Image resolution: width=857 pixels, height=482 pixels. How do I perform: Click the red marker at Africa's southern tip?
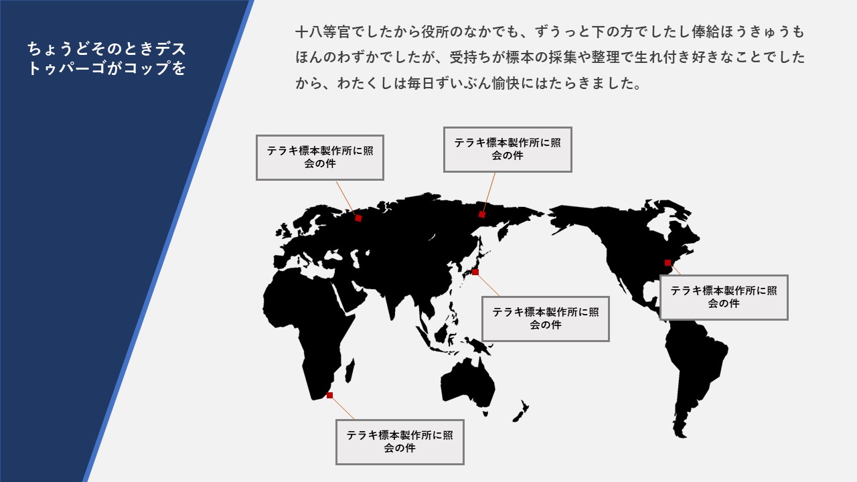(x=330, y=395)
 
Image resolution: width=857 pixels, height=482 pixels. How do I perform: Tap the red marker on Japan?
(x=475, y=272)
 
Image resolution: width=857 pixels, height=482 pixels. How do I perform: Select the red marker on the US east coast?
(x=668, y=263)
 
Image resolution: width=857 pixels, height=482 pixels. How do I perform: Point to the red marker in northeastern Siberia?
(x=481, y=215)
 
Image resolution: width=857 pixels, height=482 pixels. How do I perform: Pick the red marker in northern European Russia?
(x=358, y=218)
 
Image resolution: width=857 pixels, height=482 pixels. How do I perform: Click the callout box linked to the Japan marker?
(x=546, y=319)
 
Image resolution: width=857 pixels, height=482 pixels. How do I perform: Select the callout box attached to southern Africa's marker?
(x=400, y=442)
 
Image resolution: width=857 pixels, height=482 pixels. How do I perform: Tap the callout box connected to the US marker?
(x=724, y=297)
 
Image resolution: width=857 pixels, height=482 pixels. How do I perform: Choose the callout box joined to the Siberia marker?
(x=508, y=149)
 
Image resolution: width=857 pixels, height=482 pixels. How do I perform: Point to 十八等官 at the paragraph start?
(x=323, y=31)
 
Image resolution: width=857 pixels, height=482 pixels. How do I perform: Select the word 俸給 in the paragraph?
(x=706, y=31)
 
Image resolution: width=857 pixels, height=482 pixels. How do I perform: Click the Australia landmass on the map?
(x=467, y=386)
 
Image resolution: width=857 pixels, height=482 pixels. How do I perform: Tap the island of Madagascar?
(x=350, y=370)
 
